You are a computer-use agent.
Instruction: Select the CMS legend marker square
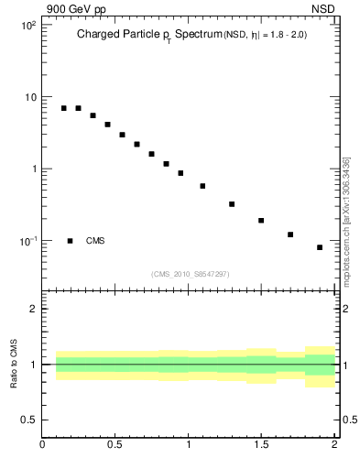[70, 241]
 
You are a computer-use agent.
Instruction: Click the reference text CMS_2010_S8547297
[190, 273]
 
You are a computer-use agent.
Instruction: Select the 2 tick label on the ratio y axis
[32, 309]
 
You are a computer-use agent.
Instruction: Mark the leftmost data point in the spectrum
[64, 108]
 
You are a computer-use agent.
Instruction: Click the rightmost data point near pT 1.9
[320, 247]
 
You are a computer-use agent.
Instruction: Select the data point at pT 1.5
[261, 221]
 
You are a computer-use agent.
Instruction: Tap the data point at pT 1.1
[202, 186]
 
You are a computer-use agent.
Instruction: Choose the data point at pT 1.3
[232, 204]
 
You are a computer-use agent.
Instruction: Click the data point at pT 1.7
[290, 234]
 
